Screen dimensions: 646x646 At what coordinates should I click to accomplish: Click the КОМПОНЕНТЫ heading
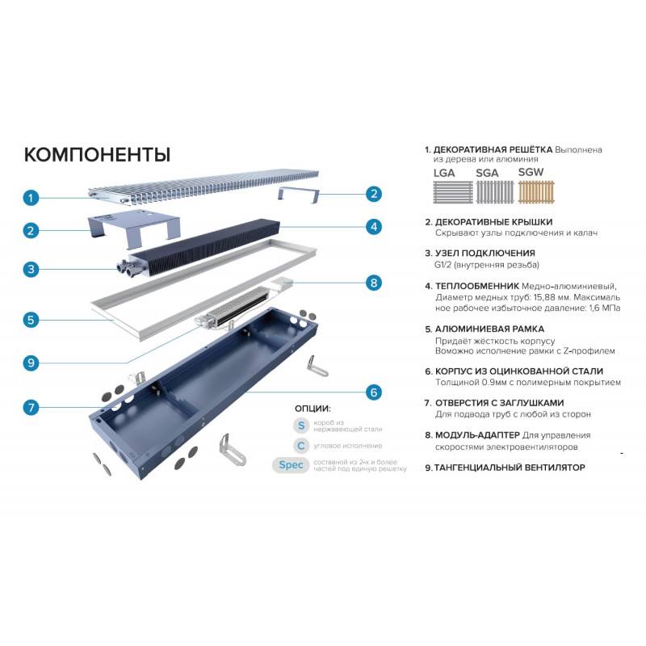click(x=97, y=154)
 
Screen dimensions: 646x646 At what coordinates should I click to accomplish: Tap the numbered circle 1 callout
click(x=31, y=198)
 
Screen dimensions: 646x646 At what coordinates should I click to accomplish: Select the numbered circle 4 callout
click(x=374, y=227)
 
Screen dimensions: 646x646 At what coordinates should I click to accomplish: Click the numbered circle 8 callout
click(x=374, y=283)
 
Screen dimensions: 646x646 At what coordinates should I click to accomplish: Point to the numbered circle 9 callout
click(x=31, y=363)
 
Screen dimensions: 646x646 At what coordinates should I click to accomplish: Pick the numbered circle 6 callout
click(x=374, y=392)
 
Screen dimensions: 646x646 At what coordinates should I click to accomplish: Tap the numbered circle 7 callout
click(x=31, y=408)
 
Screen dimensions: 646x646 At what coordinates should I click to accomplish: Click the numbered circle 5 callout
click(x=31, y=320)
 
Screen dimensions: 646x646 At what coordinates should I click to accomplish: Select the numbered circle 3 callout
click(x=31, y=270)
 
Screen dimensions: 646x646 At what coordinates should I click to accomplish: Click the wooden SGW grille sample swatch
click(x=536, y=191)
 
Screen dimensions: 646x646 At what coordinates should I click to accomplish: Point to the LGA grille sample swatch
click(x=453, y=192)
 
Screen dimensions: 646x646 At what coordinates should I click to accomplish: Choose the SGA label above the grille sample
click(x=487, y=173)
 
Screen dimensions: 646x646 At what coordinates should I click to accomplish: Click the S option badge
click(x=301, y=426)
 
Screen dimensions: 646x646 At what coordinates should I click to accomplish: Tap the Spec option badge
click(x=291, y=465)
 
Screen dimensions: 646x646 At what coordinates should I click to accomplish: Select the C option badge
click(x=301, y=446)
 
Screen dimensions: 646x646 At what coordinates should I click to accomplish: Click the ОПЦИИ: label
click(x=313, y=409)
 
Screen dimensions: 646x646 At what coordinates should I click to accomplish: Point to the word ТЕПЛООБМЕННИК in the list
click(x=477, y=286)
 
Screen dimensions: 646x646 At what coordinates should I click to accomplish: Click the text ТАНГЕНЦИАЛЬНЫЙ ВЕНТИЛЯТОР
click(x=510, y=468)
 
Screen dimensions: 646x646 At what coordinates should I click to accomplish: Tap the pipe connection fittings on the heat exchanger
click(x=127, y=267)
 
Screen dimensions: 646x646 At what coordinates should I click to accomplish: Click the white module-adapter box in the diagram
click(x=282, y=284)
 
